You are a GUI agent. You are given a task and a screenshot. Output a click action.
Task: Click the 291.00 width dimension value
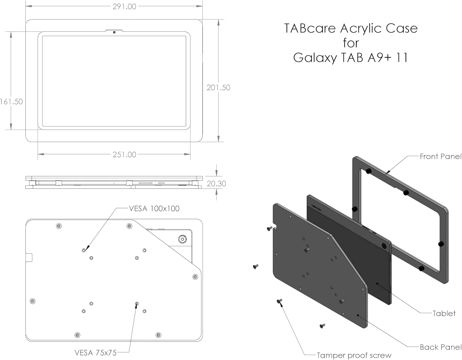[124, 6]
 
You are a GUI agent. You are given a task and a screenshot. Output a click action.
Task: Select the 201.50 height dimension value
[218, 88]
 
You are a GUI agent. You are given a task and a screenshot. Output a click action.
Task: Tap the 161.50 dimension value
[11, 101]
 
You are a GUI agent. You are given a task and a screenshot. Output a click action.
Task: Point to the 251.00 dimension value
[124, 154]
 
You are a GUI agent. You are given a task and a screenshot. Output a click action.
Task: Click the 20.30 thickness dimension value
[216, 184]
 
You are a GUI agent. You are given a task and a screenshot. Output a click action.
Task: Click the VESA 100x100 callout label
[154, 209]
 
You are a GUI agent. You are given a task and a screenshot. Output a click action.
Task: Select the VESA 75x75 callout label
[95, 353]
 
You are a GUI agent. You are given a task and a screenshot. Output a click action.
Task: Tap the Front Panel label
[440, 157]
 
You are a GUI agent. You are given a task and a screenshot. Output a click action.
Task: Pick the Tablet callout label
[444, 313]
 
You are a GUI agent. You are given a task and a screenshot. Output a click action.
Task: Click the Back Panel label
[440, 347]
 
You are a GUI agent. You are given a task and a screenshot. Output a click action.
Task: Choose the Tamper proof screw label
[354, 355]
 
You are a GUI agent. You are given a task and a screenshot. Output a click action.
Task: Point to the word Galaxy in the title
[315, 58]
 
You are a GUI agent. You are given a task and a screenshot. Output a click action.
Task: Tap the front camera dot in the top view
[114, 32]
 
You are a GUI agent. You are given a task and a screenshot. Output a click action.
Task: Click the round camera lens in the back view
[182, 239]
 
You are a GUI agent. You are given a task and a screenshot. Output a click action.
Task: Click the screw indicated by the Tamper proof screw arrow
[279, 301]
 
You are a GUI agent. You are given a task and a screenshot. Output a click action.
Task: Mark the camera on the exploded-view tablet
[384, 246]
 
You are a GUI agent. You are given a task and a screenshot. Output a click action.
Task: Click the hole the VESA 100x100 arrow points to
[84, 250]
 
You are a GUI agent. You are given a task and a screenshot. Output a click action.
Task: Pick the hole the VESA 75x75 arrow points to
[137, 304]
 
